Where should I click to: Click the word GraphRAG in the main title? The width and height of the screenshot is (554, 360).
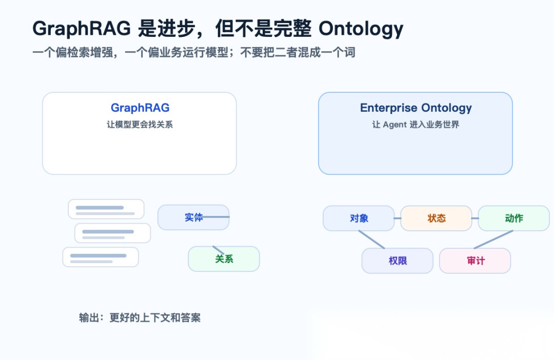tap(82, 28)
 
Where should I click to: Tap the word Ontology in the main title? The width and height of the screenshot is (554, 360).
tap(361, 29)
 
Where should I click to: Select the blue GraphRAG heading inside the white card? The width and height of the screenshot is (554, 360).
tap(140, 108)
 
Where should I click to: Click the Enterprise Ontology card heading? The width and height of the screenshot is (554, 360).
tap(416, 108)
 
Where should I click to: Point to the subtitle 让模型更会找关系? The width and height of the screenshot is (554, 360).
tap(140, 124)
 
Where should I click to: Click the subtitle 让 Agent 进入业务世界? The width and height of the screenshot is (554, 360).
tap(415, 124)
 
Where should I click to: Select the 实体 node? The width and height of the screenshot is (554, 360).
tap(193, 217)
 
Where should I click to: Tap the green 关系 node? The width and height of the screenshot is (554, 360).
tap(224, 259)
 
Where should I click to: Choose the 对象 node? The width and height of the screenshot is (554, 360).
tap(359, 218)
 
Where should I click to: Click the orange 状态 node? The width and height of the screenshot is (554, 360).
tap(437, 218)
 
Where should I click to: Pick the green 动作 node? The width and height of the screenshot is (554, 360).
tap(513, 218)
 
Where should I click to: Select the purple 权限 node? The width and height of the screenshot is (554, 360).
tap(398, 261)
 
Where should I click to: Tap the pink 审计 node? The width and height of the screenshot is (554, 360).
tap(475, 261)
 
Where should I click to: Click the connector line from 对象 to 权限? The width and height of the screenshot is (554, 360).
tap(372, 239)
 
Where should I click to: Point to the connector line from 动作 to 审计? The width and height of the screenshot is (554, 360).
tap(493, 239)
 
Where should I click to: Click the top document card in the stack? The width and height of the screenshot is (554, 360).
tap(106, 209)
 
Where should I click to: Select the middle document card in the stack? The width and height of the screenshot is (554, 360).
tap(113, 233)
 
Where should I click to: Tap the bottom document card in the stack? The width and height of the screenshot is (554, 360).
tap(101, 257)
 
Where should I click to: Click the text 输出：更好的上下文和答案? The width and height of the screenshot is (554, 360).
tap(140, 317)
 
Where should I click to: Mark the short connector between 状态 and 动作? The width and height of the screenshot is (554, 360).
tap(475, 218)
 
